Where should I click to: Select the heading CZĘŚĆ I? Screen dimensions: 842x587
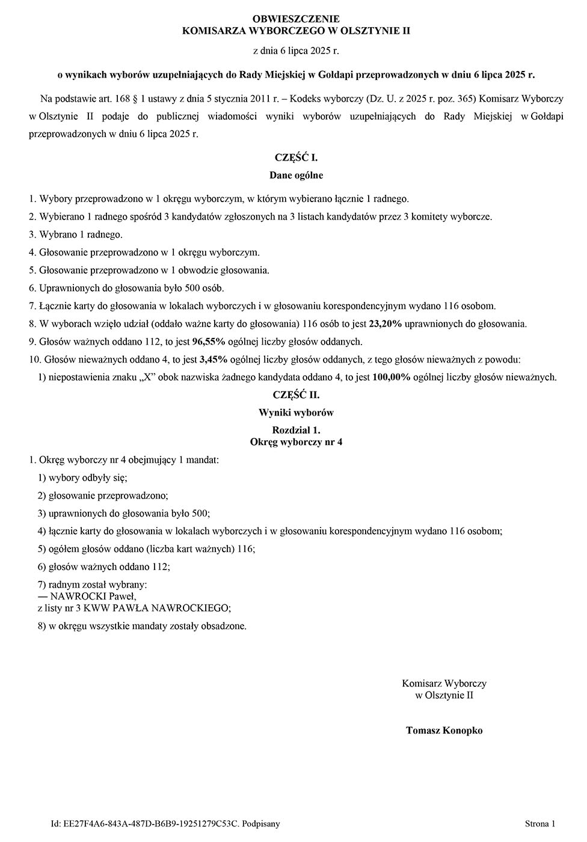tap(296, 158)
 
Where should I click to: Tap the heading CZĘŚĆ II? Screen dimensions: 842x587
tap(296, 395)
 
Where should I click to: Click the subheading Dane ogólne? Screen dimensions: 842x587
tap(296, 176)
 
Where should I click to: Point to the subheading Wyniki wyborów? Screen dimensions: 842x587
tap(296, 413)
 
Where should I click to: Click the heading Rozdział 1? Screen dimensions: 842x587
tap(296, 431)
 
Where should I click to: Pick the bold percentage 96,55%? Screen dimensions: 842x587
tap(208, 342)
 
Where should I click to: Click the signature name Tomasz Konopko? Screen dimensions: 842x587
tap(444, 731)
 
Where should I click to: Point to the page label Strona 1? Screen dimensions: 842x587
tap(540, 824)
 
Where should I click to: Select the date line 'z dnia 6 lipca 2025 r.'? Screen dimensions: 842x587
tap(296, 51)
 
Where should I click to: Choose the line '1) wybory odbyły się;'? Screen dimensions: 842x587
tap(82, 478)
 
